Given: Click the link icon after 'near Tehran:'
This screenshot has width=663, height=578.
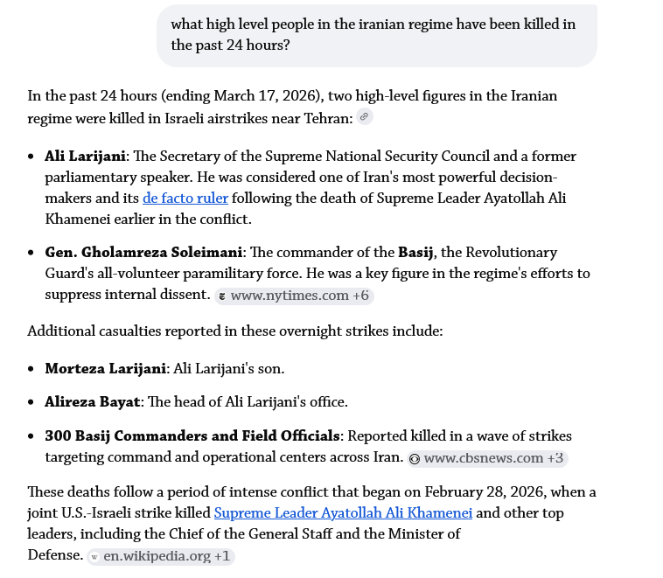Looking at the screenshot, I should pyautogui.click(x=365, y=117).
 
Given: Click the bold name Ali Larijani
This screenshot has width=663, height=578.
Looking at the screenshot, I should pyautogui.click(x=86, y=157).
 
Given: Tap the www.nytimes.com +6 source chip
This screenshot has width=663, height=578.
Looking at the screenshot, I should pyautogui.click(x=295, y=296).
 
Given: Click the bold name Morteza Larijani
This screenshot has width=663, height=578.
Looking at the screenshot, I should pyautogui.click(x=105, y=369).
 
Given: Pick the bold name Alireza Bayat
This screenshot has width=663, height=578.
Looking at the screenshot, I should pyautogui.click(x=92, y=402).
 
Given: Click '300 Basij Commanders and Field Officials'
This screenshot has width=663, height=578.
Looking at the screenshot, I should pyautogui.click(x=192, y=436).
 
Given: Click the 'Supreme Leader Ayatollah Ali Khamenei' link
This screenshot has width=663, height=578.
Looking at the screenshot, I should pyautogui.click(x=343, y=513).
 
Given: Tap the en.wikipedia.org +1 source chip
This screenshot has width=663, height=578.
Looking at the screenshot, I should pyautogui.click(x=161, y=556).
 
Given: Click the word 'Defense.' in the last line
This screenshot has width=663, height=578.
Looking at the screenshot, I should pyautogui.click(x=55, y=555).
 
